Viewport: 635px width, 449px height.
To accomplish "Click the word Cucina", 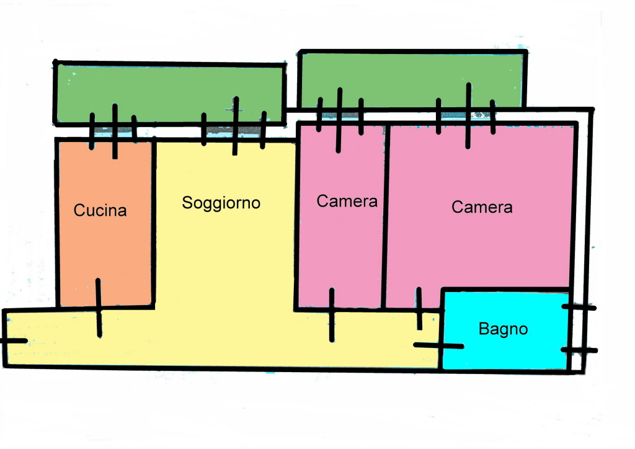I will (100, 210).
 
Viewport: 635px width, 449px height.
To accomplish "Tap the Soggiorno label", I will (221, 203).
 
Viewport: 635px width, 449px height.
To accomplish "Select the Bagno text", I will (503, 329).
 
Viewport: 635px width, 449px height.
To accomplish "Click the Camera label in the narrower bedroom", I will (347, 202).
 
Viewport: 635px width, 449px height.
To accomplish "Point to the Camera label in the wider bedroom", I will (482, 207).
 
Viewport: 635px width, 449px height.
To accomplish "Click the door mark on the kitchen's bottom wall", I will (99, 308).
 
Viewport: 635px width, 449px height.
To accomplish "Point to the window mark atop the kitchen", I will (115, 131).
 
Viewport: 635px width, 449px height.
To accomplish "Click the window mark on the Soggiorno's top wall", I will (234, 126).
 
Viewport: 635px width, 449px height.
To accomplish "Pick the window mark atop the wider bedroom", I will (468, 116).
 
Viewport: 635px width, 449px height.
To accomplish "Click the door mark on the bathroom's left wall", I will (438, 345).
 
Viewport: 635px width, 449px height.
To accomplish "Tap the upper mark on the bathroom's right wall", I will (578, 307).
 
